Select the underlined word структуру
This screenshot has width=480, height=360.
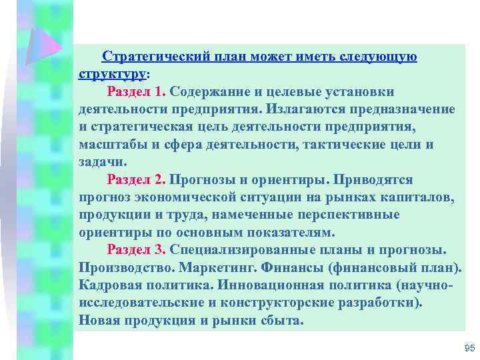[112, 73]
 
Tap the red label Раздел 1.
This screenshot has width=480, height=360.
[137, 91]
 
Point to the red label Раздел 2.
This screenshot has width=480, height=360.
[137, 180]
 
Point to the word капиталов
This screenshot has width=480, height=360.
[417, 197]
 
